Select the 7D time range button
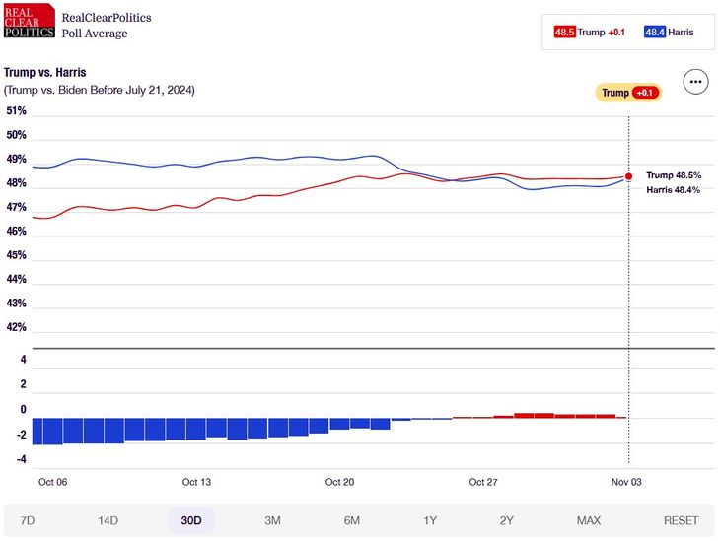pos(28,520)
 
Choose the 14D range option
pos(108,520)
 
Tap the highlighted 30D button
pos(190,520)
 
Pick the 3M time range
pos(272,520)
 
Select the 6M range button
pos(351,520)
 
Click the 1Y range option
pos(430,520)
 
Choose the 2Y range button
pos(507,520)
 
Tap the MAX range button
pos(589,520)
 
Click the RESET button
pos(681,520)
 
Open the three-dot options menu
pos(696,82)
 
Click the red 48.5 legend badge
pos(564,32)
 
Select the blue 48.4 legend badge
pos(655,32)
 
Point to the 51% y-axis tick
pos(17,111)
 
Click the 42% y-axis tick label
pos(17,327)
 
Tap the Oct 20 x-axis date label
pos(339,482)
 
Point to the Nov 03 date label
pos(626,482)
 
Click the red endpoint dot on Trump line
pos(629,176)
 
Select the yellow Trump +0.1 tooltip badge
pos(627,93)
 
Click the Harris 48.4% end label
pos(673,189)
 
